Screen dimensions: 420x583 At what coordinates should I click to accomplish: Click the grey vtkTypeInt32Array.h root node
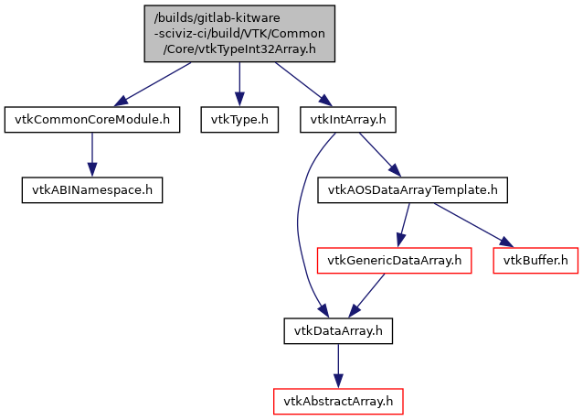click(238, 33)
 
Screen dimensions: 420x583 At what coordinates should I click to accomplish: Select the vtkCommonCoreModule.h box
click(91, 119)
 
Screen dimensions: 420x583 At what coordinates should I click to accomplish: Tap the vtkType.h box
click(238, 119)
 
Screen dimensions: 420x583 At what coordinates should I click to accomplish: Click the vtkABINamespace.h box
click(91, 190)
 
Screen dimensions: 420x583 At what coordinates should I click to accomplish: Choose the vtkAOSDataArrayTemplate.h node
click(411, 190)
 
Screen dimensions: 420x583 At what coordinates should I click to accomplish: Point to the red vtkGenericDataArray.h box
click(393, 261)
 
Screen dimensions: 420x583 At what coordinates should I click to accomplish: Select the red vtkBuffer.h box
click(535, 261)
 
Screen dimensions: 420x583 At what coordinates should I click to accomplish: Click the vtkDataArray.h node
click(338, 331)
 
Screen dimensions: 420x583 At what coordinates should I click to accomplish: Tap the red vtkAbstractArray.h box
click(338, 401)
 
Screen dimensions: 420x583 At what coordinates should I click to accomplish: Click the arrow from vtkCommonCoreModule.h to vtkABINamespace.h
click(91, 155)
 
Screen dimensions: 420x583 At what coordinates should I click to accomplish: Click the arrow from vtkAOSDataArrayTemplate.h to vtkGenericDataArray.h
click(403, 225)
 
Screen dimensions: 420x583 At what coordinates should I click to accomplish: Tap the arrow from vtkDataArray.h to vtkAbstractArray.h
click(338, 366)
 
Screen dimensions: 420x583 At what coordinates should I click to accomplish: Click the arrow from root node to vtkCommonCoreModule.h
click(155, 83)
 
